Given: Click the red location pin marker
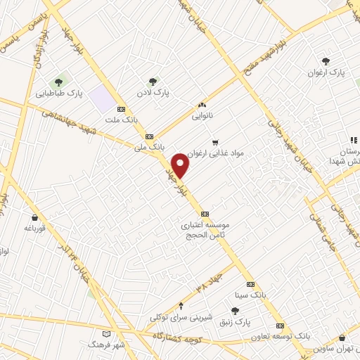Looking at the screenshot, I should pos(181,165).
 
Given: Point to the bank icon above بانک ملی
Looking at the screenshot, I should pos(148,136).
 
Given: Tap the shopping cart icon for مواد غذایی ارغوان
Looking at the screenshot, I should pos(214,141).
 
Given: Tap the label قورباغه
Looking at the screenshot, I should pos(34,229).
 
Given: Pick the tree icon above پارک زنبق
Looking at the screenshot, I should pos(235,310).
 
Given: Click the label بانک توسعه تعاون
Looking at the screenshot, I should pos(281,337).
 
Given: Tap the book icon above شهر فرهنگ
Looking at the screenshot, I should pos(106,334).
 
